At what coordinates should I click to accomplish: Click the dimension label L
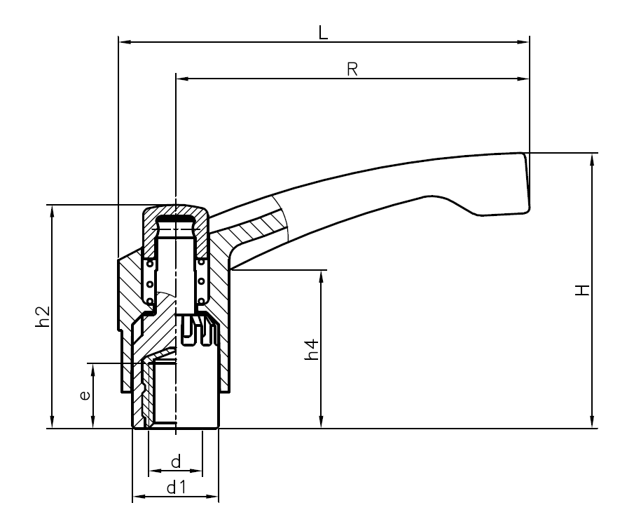[x=323, y=32]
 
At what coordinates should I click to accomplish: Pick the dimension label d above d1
[x=176, y=462]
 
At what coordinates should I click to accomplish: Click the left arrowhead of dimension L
[x=125, y=42]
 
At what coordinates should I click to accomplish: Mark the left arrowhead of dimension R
[x=181, y=79]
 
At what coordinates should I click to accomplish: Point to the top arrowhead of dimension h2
[x=51, y=211]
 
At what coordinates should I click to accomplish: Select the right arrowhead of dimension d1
[x=213, y=497]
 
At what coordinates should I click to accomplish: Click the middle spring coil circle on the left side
[x=149, y=283]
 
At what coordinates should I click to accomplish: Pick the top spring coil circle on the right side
[x=202, y=262]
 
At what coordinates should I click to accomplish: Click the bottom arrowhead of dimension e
[x=92, y=422]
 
